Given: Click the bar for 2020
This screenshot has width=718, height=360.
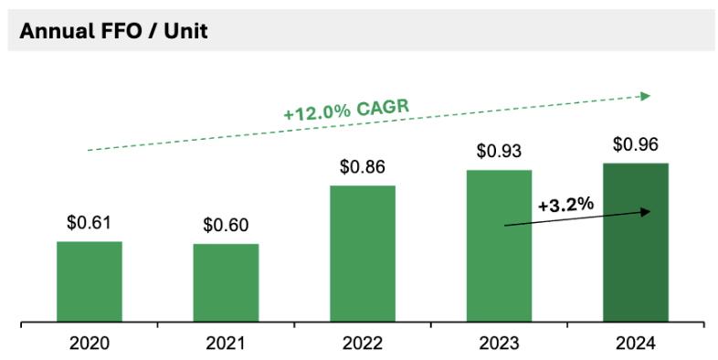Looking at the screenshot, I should (x=89, y=281).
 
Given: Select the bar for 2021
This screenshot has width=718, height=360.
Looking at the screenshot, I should (x=226, y=283).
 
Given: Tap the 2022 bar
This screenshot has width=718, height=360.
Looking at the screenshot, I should (x=363, y=254).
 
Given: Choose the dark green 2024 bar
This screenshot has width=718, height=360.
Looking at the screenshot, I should (x=636, y=243).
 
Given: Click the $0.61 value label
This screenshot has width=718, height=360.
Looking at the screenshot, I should (x=89, y=222).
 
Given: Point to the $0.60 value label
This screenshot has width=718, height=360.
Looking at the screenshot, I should (x=226, y=225).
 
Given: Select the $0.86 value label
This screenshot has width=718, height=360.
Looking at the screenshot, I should (x=363, y=167).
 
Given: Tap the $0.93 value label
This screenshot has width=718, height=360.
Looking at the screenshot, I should (x=499, y=151).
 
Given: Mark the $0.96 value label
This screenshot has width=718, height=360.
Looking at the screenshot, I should (x=636, y=143).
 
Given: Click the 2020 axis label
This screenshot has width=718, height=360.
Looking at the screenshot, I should (x=89, y=344).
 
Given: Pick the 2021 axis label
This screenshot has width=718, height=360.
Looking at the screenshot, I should (x=226, y=344).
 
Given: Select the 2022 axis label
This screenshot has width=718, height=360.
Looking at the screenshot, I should (x=363, y=344).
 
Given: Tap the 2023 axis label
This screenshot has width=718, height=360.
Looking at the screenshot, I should (x=499, y=344).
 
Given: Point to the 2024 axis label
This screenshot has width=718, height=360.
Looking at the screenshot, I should (x=636, y=344).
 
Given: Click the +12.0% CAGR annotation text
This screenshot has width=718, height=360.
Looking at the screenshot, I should (x=345, y=111).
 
